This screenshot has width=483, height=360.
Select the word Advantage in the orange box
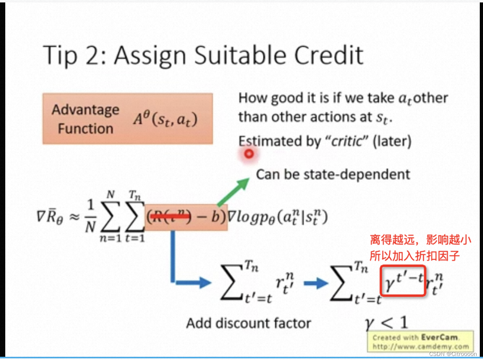point(85,110)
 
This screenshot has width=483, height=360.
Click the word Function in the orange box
point(85,129)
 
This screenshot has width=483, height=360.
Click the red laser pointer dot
point(249,154)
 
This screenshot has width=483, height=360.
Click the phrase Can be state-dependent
point(333,174)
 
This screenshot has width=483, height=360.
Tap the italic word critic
point(346,141)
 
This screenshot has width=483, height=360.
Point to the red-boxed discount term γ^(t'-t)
point(403,280)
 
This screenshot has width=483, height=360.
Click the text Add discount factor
point(248,323)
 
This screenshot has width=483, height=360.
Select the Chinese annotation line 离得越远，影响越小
point(420,240)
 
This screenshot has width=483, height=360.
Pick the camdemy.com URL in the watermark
point(421,346)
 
